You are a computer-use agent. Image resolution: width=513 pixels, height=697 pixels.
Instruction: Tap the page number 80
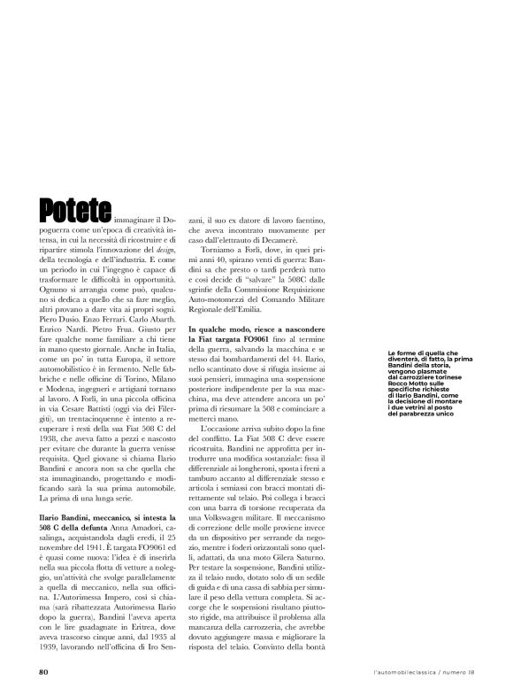(x=42, y=671)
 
